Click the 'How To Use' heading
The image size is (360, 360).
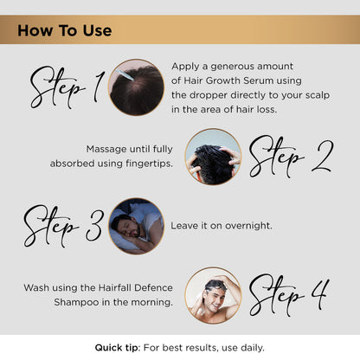point(65,31)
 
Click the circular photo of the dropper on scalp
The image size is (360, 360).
point(137,87)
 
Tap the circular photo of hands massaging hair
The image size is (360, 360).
point(213,157)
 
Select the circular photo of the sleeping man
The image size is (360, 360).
point(135,226)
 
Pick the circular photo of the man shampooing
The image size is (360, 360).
point(213,294)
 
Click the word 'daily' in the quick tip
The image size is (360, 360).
point(248,347)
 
